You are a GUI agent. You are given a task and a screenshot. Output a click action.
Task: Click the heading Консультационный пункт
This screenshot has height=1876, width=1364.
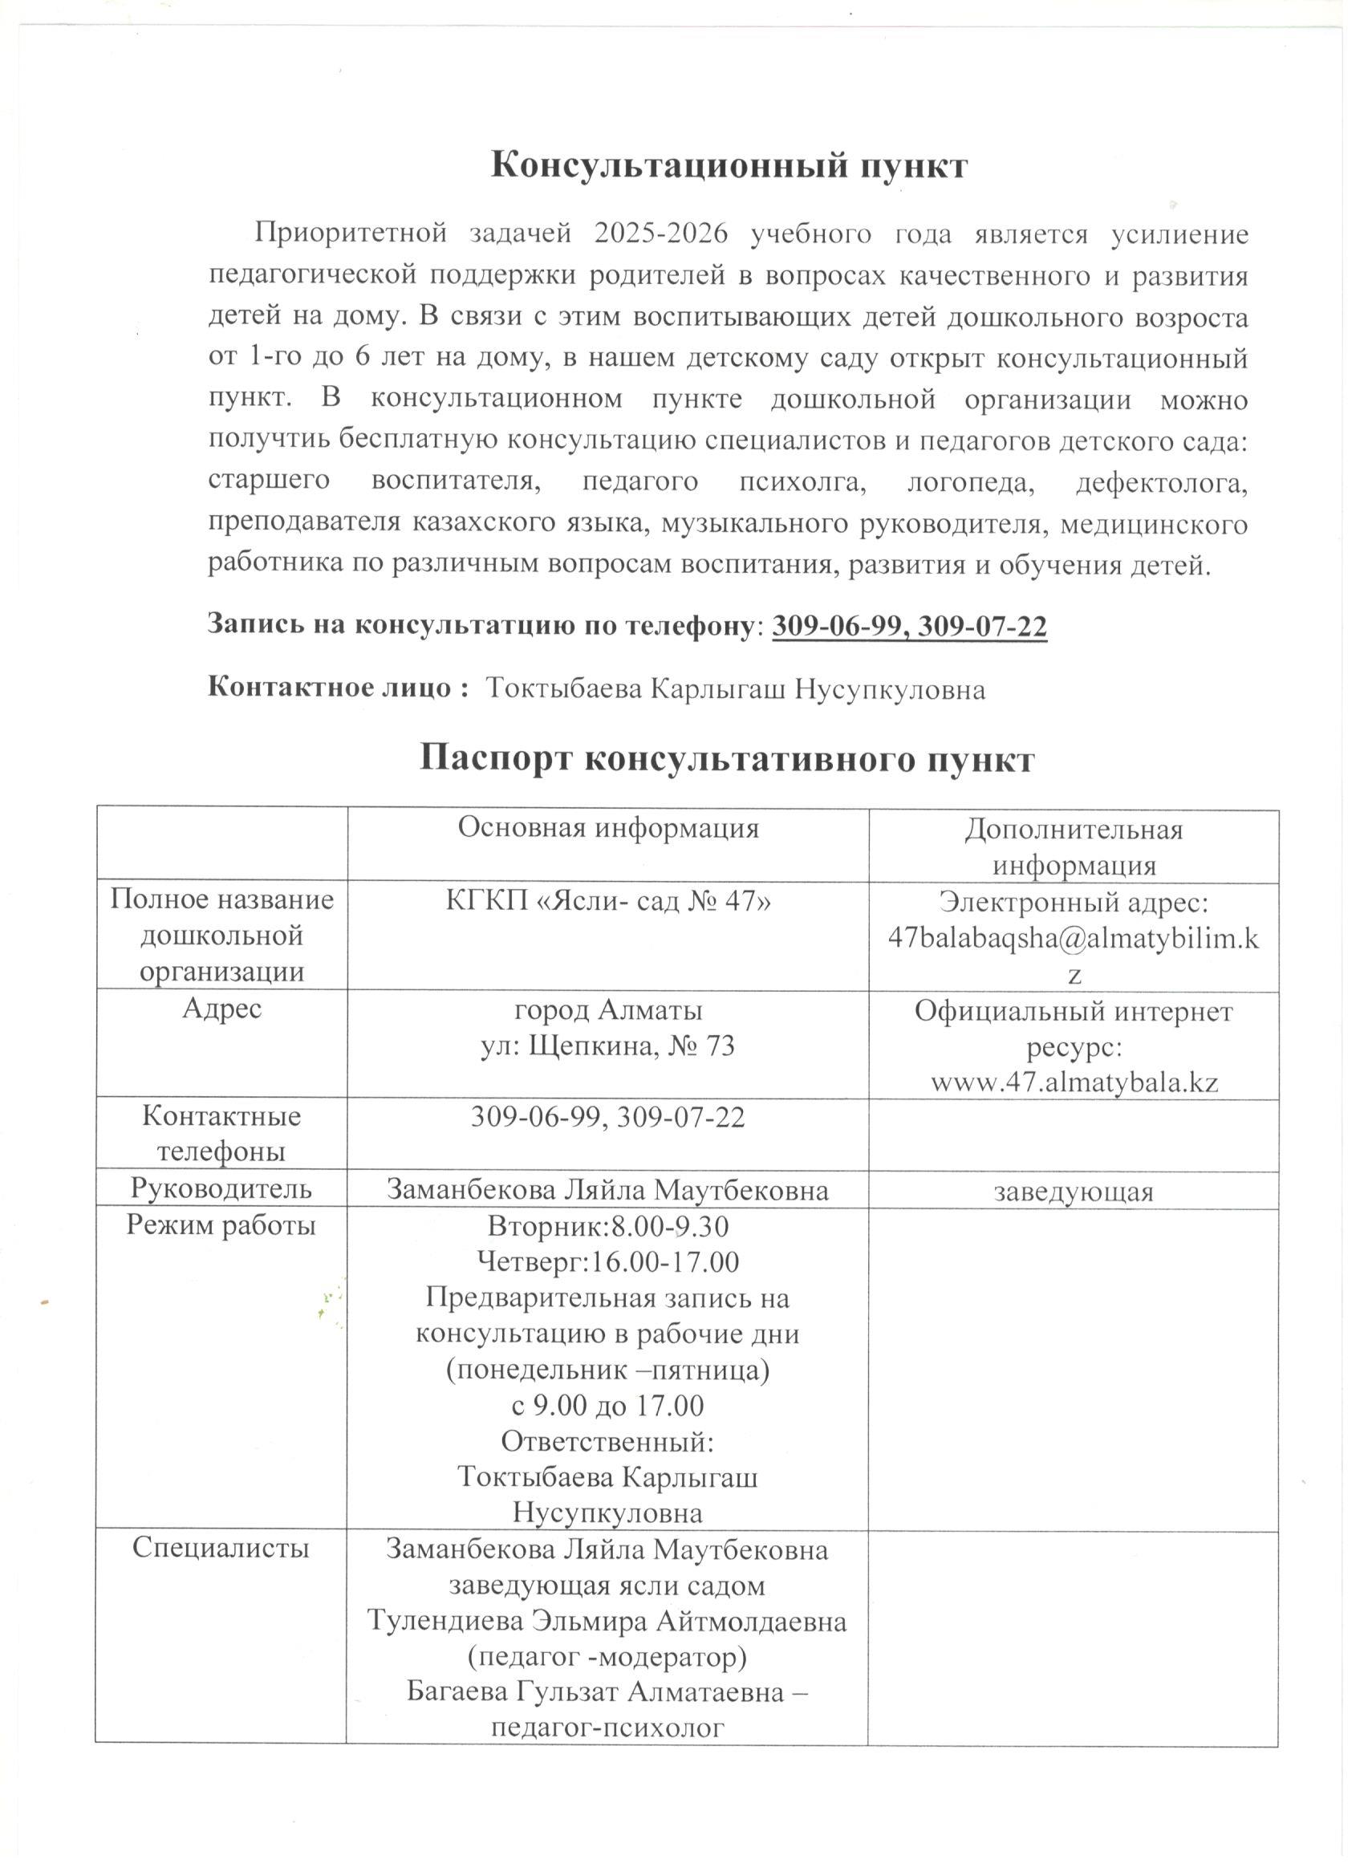point(728,165)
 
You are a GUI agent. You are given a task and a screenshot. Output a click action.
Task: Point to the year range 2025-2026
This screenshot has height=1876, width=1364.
point(660,234)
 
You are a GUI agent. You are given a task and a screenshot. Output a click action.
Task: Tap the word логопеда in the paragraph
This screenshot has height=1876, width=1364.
point(970,481)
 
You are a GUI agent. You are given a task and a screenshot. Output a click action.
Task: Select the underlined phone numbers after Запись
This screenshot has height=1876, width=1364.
point(909,626)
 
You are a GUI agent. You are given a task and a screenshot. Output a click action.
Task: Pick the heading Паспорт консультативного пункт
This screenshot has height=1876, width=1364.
point(726,758)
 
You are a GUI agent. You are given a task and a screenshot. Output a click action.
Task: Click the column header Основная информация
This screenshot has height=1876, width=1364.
point(608,828)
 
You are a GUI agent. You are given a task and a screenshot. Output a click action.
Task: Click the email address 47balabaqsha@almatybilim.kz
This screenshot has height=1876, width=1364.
point(1073,937)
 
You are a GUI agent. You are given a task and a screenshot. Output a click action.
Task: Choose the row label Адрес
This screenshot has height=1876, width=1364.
point(221,1009)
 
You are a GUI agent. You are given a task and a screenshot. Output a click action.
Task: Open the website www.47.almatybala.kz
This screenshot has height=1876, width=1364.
point(1074,1082)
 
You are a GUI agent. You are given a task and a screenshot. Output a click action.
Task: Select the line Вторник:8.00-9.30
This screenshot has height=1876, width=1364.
point(608,1226)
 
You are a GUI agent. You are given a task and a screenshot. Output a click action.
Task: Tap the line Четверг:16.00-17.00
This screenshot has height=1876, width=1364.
point(608,1262)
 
